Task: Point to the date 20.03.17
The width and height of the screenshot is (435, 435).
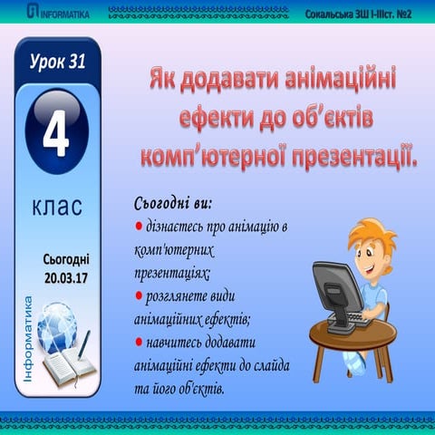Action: [x=65, y=275]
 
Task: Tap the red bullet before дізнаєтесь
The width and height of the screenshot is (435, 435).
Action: [x=139, y=224]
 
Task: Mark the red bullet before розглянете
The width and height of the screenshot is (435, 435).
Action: [x=139, y=295]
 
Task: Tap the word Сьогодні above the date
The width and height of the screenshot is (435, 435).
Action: [x=65, y=259]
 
